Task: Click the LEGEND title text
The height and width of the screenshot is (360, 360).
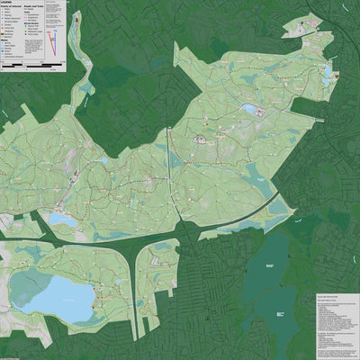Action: [8, 3]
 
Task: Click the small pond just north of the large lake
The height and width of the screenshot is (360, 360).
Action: [61, 219]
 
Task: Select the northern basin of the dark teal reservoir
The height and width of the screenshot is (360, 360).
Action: [267, 261]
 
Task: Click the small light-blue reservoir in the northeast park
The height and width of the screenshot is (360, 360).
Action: [247, 110]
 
